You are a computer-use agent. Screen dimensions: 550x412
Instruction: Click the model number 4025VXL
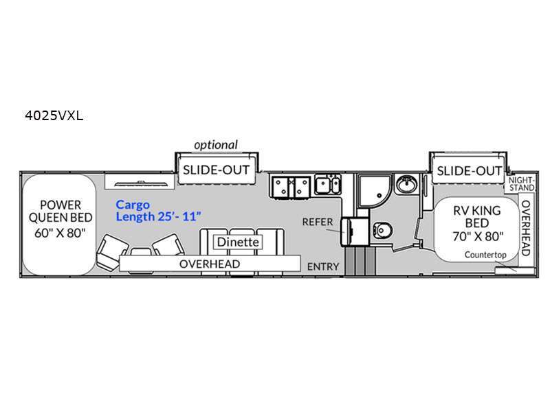tap(54, 115)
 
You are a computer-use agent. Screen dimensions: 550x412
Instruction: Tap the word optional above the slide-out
tap(216, 145)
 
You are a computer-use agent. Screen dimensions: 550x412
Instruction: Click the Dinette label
tap(238, 242)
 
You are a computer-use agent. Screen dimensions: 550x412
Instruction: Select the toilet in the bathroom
tap(382, 230)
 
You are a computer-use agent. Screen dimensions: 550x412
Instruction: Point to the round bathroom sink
tap(406, 183)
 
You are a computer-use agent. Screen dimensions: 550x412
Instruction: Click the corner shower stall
tap(374, 192)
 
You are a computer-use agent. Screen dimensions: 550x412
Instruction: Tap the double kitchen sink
tap(328, 185)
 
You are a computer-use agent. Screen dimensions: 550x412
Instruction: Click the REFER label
tap(318, 222)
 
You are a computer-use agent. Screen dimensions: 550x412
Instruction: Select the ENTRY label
tap(323, 266)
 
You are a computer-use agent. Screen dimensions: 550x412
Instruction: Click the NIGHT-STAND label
tap(522, 183)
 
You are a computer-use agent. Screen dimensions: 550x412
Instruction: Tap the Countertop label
tap(485, 255)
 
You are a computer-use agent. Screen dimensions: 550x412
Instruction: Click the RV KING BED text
tap(477, 217)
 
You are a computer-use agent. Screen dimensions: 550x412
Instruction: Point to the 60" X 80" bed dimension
tap(60, 233)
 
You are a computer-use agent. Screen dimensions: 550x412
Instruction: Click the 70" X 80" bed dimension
tap(478, 237)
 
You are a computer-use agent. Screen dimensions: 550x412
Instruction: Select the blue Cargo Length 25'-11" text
tap(159, 211)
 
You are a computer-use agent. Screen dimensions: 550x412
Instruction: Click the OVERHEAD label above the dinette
tap(210, 264)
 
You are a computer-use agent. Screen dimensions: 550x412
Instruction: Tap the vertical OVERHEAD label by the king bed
tap(525, 228)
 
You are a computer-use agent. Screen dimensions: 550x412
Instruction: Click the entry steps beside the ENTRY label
tap(360, 262)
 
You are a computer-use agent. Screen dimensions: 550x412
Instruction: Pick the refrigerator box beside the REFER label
tap(354, 231)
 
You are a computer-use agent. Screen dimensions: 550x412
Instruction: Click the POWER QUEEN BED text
tap(60, 211)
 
